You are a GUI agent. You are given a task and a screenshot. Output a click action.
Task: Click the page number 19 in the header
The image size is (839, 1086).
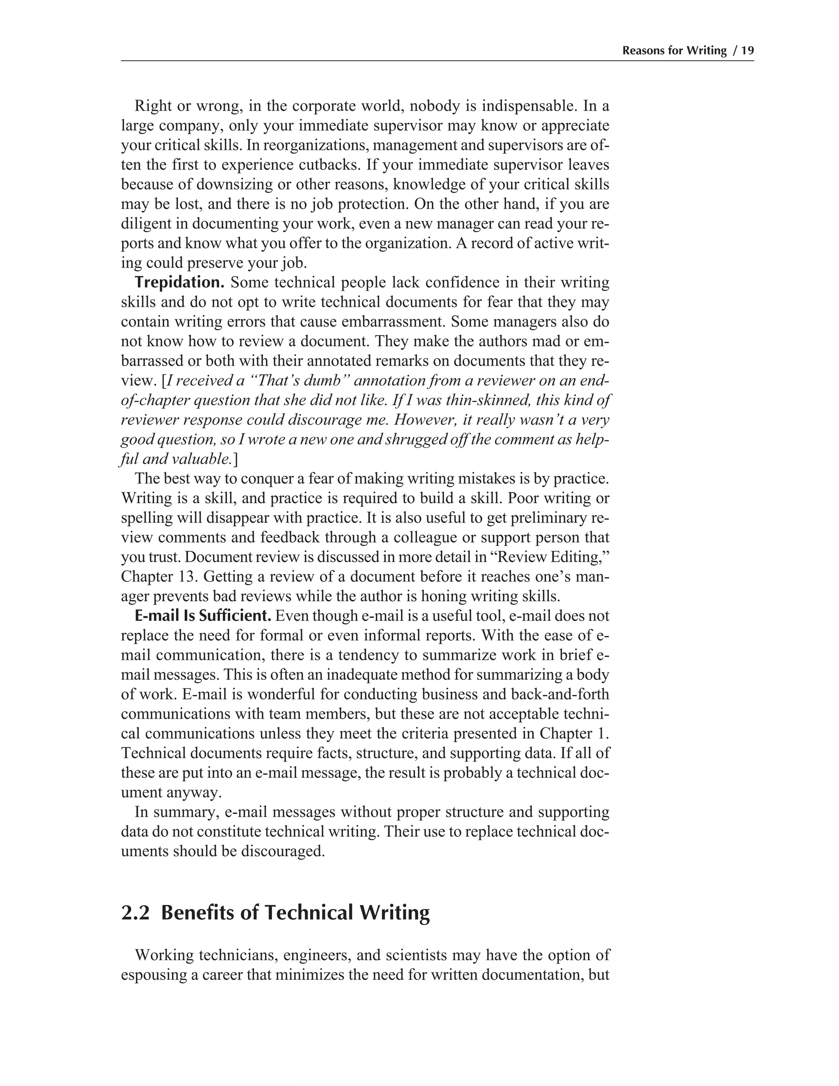pyautogui.click(x=747, y=51)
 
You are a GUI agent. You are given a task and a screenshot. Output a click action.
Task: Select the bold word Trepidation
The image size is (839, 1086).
pyautogui.click(x=179, y=282)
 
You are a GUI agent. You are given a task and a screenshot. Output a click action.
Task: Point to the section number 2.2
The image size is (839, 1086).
pyautogui.click(x=135, y=913)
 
